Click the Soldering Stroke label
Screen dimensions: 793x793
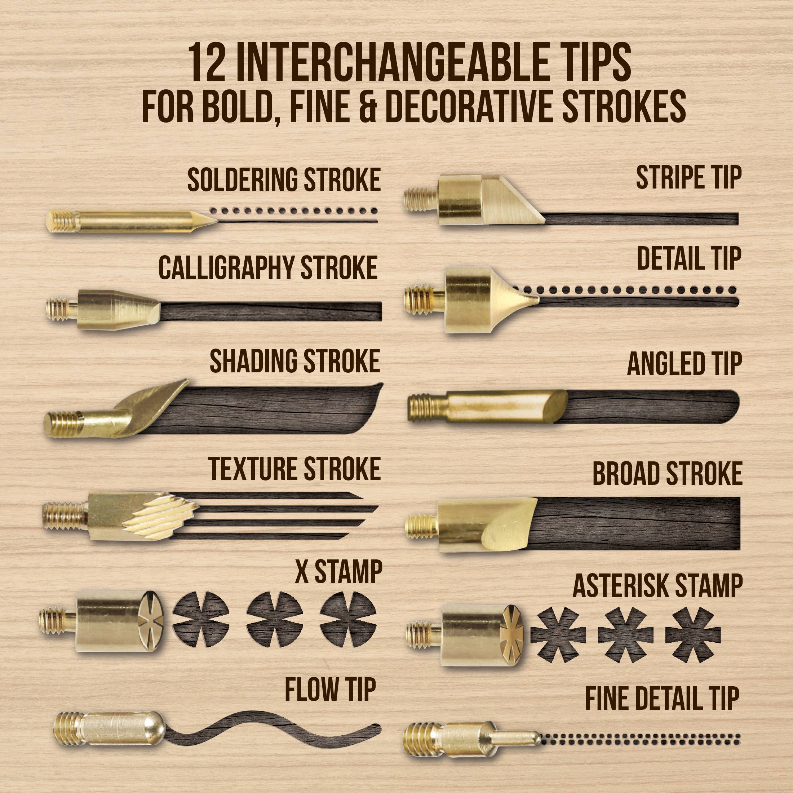click(x=284, y=180)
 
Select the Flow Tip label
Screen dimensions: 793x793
click(x=331, y=690)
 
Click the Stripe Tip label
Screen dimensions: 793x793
click(x=689, y=177)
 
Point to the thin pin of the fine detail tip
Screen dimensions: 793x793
click(x=516, y=739)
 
